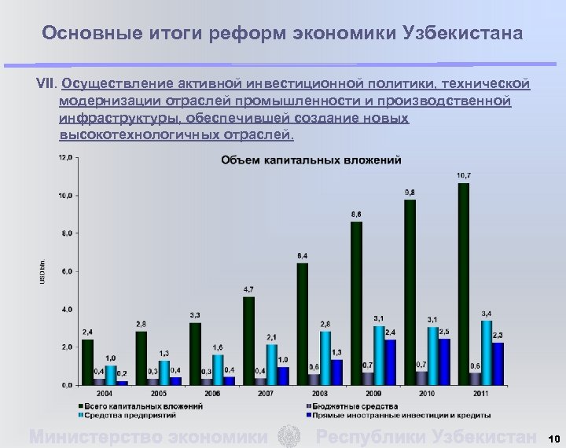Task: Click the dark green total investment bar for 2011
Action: coord(464,284)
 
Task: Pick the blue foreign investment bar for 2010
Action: coord(445,362)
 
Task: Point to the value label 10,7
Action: coord(464,174)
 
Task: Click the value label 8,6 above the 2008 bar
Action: coord(356,214)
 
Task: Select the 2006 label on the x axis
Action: coord(212,391)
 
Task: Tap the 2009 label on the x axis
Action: coord(373,391)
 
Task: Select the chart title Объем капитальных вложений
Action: coord(311,160)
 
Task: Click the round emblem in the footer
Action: coord(290,436)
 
